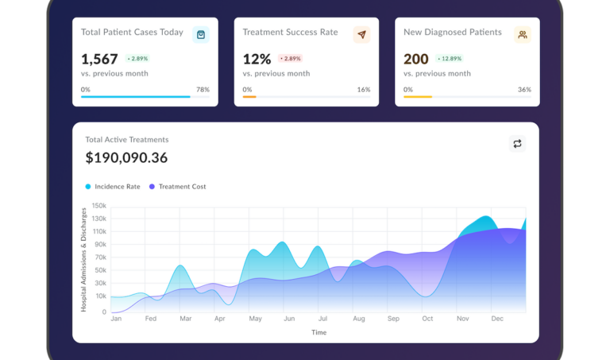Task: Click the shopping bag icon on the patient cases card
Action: click(x=201, y=34)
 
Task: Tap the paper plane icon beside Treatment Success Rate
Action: click(x=361, y=34)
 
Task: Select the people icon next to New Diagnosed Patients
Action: click(x=522, y=34)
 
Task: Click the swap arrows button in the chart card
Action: click(x=517, y=143)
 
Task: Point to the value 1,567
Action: click(x=99, y=59)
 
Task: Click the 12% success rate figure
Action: click(x=257, y=59)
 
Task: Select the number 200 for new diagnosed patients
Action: click(x=416, y=59)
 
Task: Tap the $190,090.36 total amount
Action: click(x=126, y=157)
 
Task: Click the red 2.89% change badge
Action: click(x=291, y=59)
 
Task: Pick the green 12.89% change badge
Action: click(x=453, y=59)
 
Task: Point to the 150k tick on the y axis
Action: click(x=99, y=206)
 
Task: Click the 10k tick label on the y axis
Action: click(x=101, y=296)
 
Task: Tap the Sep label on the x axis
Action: click(x=393, y=319)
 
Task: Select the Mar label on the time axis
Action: click(x=185, y=319)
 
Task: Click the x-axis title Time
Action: click(x=319, y=332)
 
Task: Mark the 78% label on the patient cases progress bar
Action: click(x=203, y=90)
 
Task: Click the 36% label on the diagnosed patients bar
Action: click(x=524, y=90)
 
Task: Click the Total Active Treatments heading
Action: click(x=127, y=139)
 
